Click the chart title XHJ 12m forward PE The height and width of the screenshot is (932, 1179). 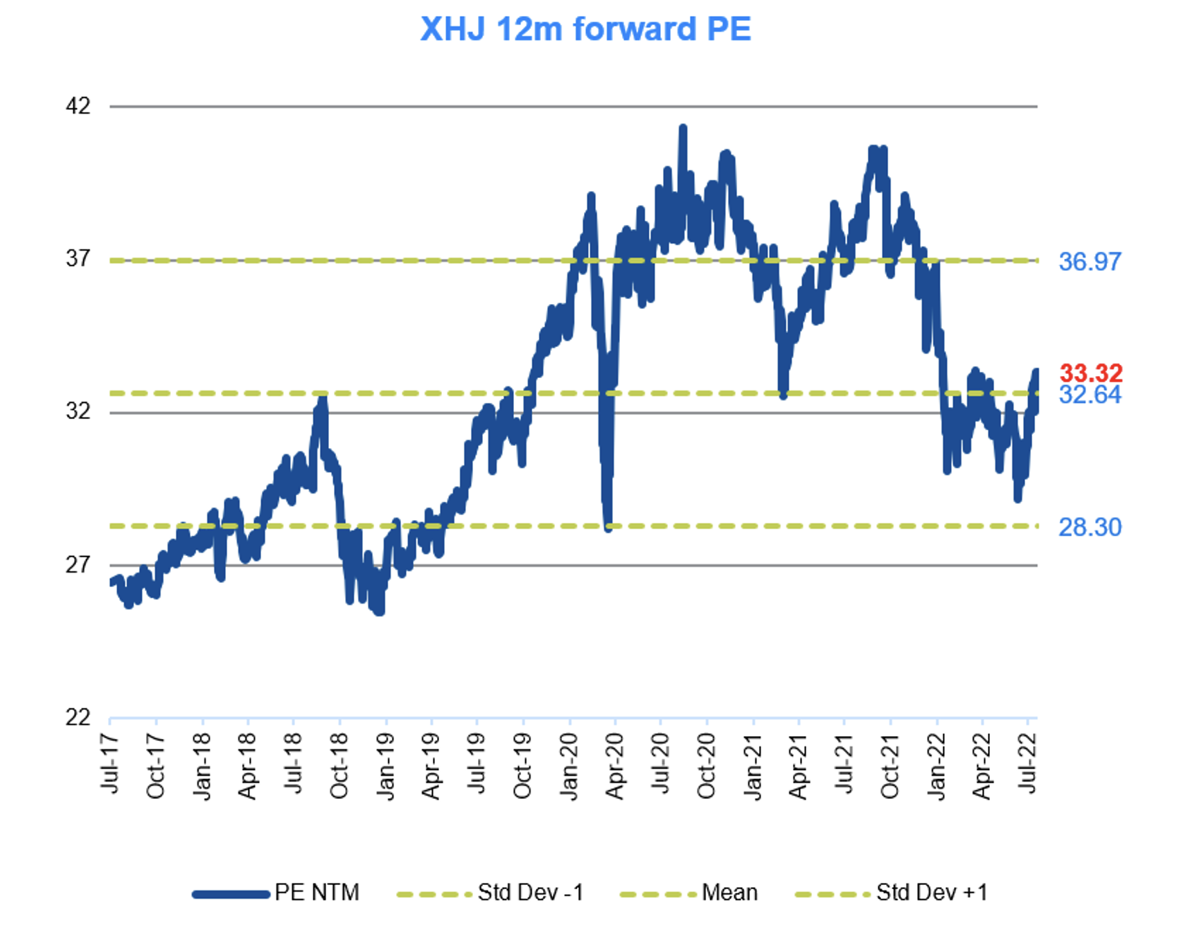coord(585,29)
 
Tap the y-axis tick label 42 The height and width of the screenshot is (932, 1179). coord(78,106)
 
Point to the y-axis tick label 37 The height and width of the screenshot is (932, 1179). coord(78,259)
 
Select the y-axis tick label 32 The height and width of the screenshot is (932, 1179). coord(78,411)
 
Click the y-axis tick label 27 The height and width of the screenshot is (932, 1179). coord(78,565)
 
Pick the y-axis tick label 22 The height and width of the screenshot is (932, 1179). coord(78,717)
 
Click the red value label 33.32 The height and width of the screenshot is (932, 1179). coord(1090,373)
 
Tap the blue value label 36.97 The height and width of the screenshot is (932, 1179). coord(1090,262)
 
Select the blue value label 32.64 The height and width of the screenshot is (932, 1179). coord(1090,395)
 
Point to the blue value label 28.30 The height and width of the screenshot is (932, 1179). coord(1090,528)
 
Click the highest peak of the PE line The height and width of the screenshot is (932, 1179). coord(683,128)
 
